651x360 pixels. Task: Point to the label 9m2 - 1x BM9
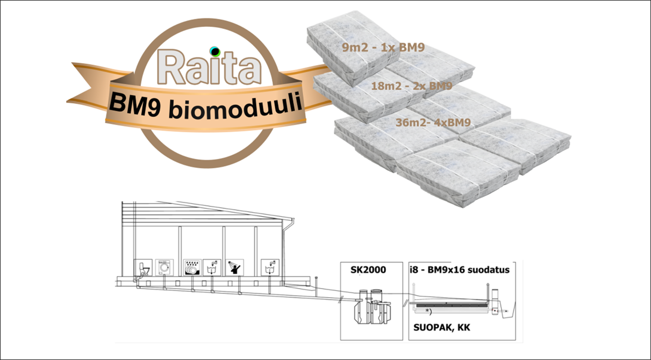point(384,47)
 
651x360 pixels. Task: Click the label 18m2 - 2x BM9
point(412,86)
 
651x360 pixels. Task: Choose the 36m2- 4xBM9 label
point(433,123)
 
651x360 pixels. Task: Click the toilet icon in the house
point(142,268)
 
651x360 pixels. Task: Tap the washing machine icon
point(164,268)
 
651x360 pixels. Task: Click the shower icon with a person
point(234,268)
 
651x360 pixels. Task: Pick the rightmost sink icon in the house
point(268,268)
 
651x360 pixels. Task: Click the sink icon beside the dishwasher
point(213,268)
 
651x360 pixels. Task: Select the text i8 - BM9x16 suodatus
point(460,270)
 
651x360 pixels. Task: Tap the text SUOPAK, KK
point(441,327)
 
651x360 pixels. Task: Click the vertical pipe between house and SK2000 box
point(318,282)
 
